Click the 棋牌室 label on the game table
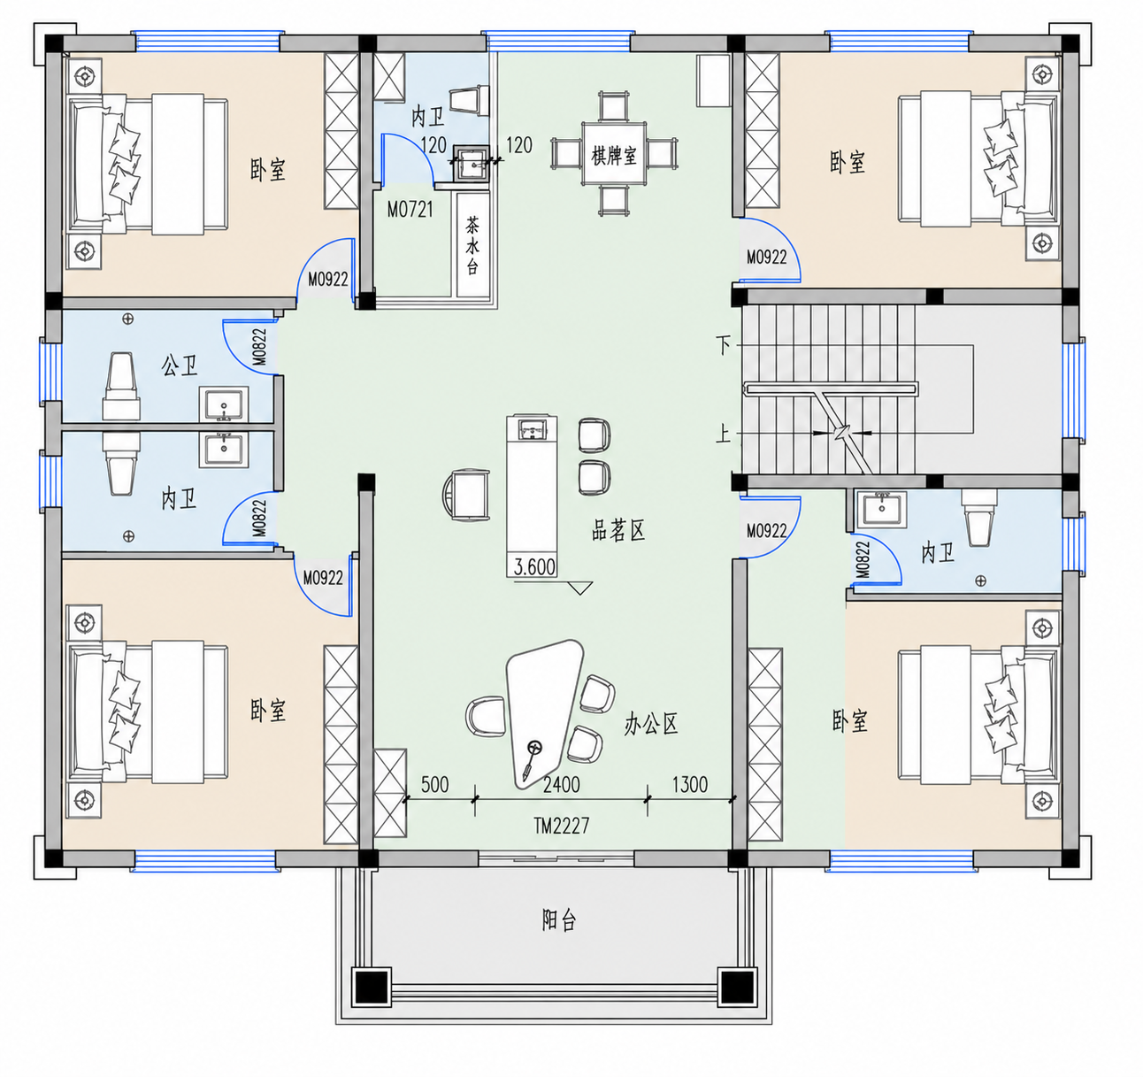(613, 156)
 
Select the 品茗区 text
(618, 530)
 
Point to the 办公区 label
(651, 723)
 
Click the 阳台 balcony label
(559, 919)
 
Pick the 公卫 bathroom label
(179, 365)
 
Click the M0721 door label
(410, 210)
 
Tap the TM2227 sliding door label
(561, 827)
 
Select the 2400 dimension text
(561, 784)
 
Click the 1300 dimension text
(689, 784)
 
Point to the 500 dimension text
(434, 784)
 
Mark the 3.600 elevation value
(534, 567)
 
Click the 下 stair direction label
(724, 345)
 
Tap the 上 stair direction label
(724, 433)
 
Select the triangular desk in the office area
(544, 713)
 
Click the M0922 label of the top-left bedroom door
(328, 280)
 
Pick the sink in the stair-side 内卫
(880, 510)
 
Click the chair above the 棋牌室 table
(612, 105)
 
